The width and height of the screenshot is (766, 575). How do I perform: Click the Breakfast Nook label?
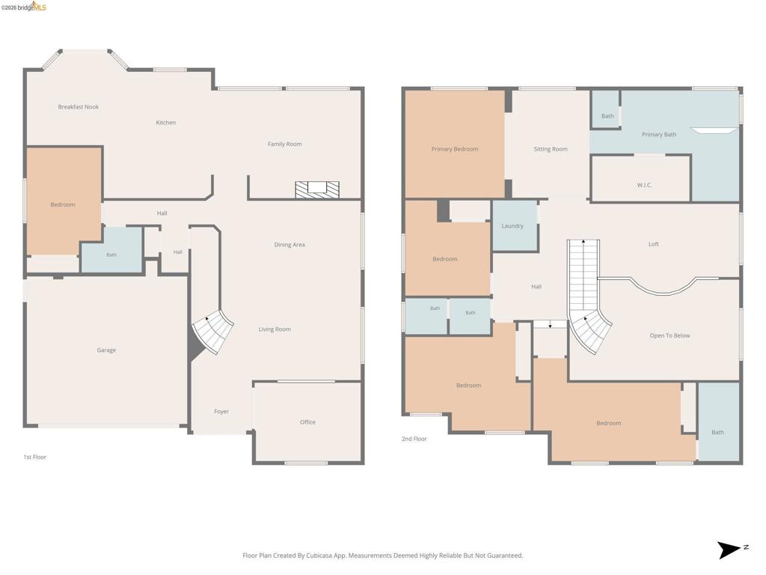78,106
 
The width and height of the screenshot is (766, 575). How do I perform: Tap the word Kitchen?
165,122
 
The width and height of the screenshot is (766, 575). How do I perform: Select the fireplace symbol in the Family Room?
317,189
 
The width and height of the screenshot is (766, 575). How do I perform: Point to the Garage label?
106,350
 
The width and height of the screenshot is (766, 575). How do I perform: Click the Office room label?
307,422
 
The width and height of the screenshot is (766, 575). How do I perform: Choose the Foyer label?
221,412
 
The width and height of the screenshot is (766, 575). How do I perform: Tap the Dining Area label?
289,245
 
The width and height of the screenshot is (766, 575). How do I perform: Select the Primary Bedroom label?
454,149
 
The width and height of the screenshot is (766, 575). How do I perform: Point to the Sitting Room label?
551,149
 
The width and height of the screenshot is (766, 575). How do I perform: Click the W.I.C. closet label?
644,185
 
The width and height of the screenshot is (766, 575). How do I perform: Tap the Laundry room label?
512,226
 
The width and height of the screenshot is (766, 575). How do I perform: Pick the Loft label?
654,244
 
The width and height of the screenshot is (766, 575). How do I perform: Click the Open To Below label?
670,335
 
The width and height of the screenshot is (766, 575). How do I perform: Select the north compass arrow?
729,550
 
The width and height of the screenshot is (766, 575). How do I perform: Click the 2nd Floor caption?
414,439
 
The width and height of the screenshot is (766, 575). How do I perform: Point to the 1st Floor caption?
34,457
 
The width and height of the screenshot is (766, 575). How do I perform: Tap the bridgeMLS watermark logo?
24,6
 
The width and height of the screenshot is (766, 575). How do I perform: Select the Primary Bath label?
659,135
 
